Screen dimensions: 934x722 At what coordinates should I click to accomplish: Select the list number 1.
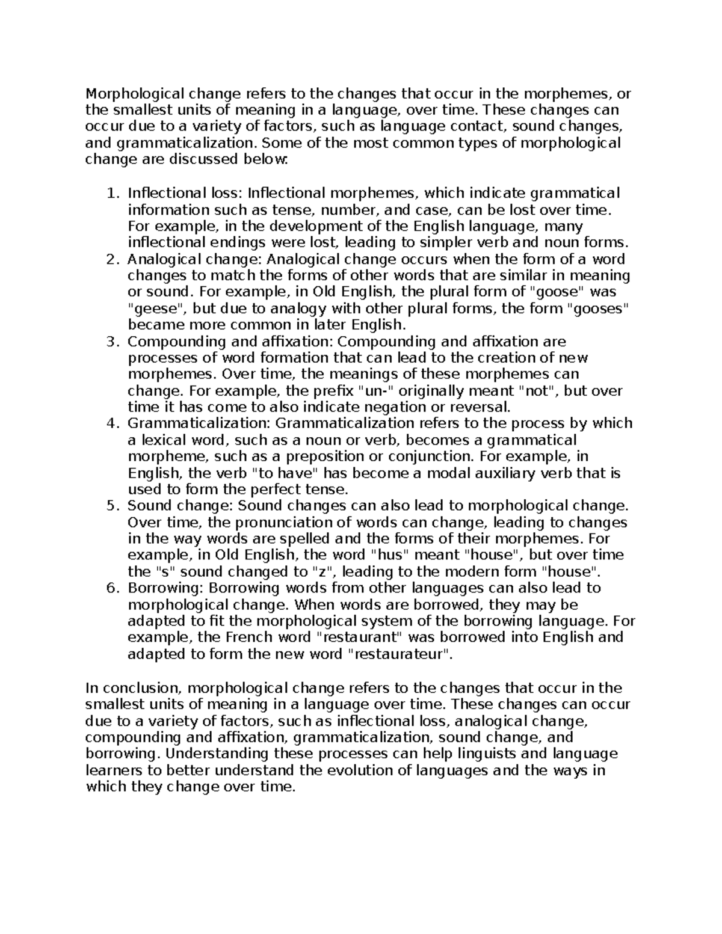(x=110, y=194)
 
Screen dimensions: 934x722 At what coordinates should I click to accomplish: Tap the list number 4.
(x=110, y=423)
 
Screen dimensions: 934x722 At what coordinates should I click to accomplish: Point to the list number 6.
(x=110, y=588)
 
